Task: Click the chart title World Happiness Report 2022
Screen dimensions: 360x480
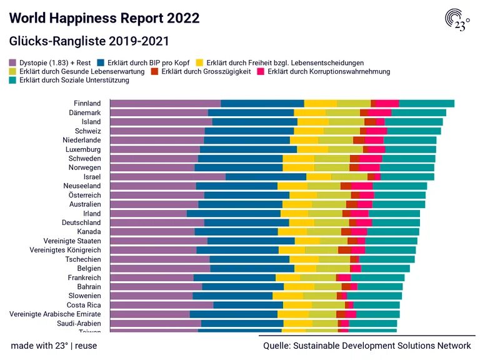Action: (104, 17)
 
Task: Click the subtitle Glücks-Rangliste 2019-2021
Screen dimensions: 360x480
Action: (89, 41)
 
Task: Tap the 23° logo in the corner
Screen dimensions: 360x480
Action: (458, 21)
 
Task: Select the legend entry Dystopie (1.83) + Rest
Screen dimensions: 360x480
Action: (51, 62)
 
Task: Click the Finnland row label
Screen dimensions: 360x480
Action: (87, 103)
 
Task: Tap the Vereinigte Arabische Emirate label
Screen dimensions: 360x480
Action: (55, 314)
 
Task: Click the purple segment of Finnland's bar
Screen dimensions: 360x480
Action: (165, 104)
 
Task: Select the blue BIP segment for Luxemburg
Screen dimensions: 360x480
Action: (248, 150)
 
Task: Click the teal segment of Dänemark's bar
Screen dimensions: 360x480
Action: (419, 112)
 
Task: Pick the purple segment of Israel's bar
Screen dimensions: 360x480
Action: (167, 177)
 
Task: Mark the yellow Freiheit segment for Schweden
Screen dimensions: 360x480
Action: (298, 159)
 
